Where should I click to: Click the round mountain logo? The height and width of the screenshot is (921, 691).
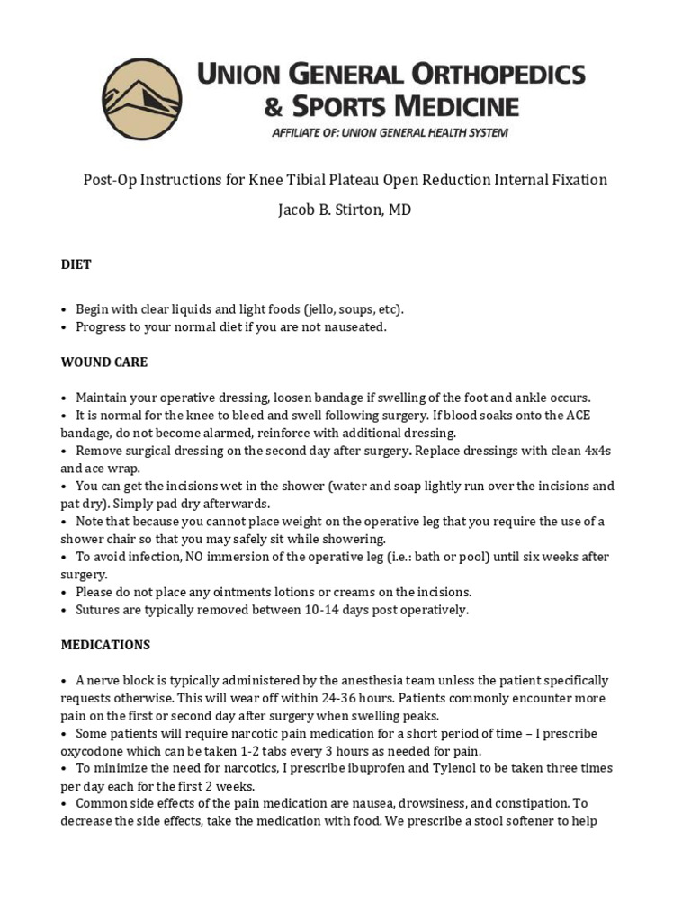[142, 100]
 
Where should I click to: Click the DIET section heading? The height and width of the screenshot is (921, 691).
[76, 264]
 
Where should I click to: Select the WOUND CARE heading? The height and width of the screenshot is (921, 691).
[103, 362]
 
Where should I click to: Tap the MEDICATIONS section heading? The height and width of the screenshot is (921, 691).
[105, 645]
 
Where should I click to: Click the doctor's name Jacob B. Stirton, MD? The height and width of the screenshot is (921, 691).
[345, 210]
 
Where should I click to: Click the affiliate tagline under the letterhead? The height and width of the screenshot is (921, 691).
[390, 133]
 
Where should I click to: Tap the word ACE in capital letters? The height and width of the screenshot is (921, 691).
[578, 415]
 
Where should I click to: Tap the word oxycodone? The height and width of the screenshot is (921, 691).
[94, 751]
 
